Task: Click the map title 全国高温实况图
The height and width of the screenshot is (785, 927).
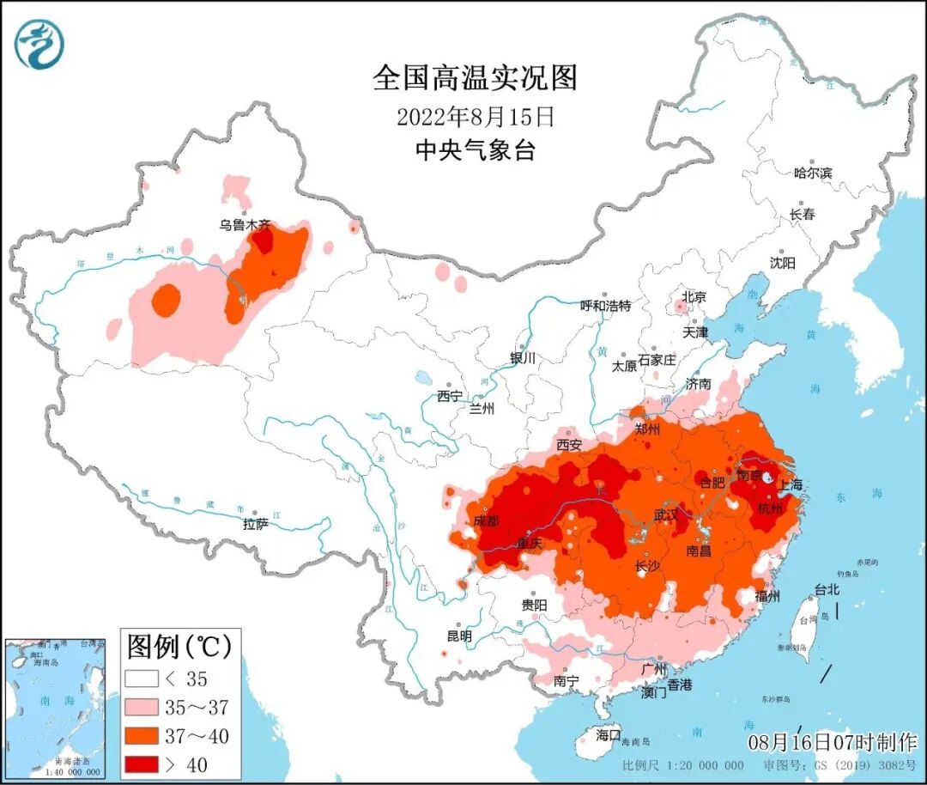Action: pyautogui.click(x=475, y=78)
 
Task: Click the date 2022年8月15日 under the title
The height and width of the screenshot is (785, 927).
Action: pyautogui.click(x=475, y=116)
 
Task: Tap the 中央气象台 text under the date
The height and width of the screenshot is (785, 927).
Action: pyautogui.click(x=475, y=151)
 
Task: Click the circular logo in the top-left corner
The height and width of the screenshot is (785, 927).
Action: pyautogui.click(x=39, y=45)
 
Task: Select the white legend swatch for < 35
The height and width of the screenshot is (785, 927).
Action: pyautogui.click(x=142, y=679)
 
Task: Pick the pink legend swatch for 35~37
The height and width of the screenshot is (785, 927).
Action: pyautogui.click(x=142, y=707)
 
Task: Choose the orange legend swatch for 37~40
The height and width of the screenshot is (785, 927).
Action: pyautogui.click(x=142, y=735)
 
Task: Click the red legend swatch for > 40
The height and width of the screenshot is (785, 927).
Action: pyautogui.click(x=142, y=764)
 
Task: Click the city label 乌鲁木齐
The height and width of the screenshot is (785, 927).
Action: pyautogui.click(x=245, y=225)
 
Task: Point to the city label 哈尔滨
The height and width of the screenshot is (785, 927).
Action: pyautogui.click(x=813, y=173)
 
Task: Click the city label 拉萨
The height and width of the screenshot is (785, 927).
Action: pyautogui.click(x=256, y=524)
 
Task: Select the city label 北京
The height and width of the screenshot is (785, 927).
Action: pyautogui.click(x=694, y=297)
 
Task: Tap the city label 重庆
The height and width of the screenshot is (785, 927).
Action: pyautogui.click(x=530, y=544)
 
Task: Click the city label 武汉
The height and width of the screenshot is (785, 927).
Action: pyautogui.click(x=665, y=514)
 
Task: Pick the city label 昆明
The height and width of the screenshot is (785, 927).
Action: pyautogui.click(x=459, y=636)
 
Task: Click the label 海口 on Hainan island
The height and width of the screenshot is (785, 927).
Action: pyautogui.click(x=609, y=735)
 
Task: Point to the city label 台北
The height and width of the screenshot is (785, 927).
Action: pyautogui.click(x=827, y=590)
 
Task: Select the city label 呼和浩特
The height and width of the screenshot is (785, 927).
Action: pyautogui.click(x=605, y=306)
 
